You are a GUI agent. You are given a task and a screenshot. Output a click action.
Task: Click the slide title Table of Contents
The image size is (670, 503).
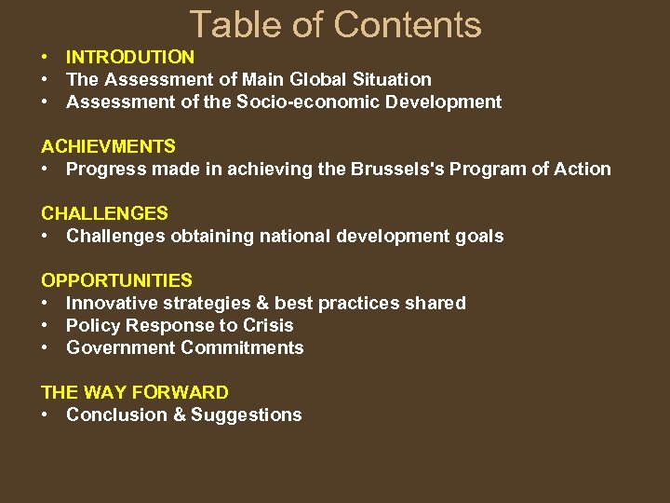point(335,25)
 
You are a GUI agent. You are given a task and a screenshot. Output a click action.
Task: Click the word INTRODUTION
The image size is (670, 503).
point(130,58)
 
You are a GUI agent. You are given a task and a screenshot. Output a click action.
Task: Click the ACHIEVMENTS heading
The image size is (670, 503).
point(108,146)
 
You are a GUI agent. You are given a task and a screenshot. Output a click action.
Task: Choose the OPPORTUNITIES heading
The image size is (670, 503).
point(117,280)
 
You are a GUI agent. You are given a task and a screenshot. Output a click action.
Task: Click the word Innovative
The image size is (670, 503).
point(111,304)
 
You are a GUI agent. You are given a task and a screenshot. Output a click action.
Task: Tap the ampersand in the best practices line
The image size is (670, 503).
point(245,304)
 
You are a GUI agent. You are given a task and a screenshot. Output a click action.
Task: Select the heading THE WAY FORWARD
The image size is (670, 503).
point(135,392)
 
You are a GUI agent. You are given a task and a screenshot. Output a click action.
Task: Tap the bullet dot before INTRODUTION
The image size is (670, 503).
point(46,58)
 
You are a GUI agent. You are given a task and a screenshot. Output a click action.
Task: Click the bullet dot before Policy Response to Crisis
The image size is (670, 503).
point(46,326)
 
